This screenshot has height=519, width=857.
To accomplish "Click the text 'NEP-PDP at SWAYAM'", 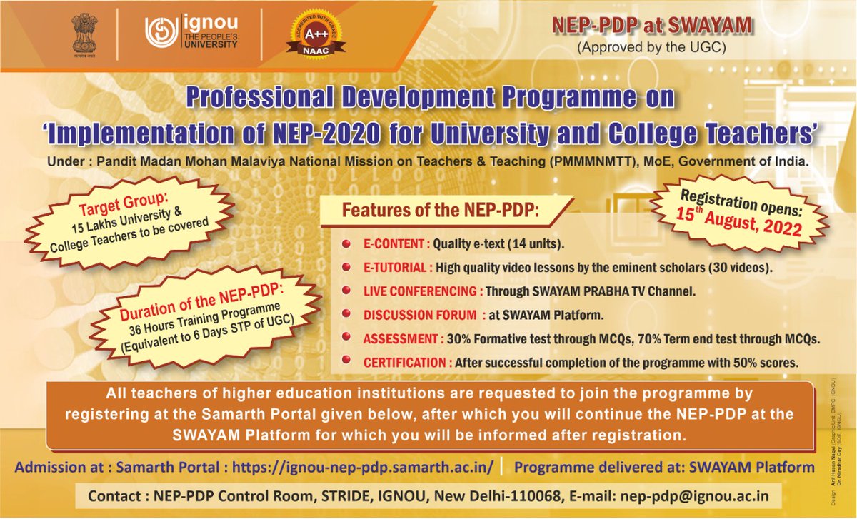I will coord(652,26).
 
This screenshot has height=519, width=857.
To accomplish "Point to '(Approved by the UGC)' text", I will coord(652,48).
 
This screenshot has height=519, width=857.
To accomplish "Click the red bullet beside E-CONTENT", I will coord(346,245).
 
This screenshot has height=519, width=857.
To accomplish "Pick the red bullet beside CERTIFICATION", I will coord(346,362).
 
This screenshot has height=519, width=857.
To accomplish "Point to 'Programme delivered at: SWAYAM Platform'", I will coord(664,468).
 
